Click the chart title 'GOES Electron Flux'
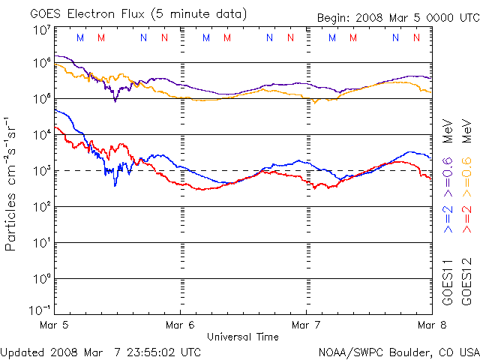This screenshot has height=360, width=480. click(87, 14)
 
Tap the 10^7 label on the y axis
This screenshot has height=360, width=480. click(42, 30)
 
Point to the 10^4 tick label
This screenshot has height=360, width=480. click(42, 134)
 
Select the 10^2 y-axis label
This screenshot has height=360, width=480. click(42, 207)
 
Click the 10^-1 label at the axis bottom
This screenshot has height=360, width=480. click(40, 310)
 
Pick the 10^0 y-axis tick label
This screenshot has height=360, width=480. click(42, 278)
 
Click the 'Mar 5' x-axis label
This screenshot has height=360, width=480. click(54, 325)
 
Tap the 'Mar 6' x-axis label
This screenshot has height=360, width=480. click(180, 325)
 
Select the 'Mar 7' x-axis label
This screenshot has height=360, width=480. click(306, 325)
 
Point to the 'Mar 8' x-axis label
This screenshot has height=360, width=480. click(432, 325)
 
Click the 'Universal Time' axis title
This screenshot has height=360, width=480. click(243, 337)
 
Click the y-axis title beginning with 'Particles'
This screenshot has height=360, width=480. click(10, 184)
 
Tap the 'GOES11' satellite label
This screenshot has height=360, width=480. click(448, 282)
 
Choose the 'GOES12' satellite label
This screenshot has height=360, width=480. click(466, 282)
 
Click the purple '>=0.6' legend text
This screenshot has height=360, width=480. click(448, 177)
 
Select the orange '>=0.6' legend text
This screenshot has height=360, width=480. click(466, 177)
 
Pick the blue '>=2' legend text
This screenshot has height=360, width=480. click(448, 219)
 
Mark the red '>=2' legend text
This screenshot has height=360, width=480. click(466, 219)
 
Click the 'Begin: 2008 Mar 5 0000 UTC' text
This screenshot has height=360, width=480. click(398, 18)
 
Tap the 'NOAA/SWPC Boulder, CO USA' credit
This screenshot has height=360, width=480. click(399, 352)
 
